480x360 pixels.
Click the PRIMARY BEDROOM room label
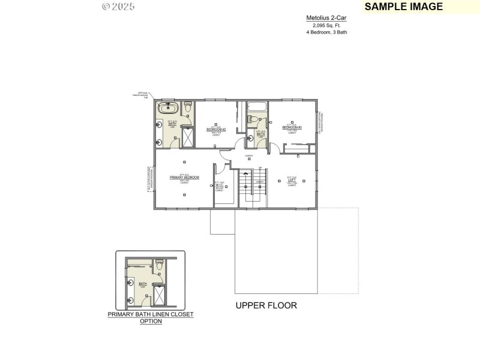pos(184,178)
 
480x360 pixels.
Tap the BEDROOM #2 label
pos(216,129)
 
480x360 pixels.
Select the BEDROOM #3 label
pos(292,127)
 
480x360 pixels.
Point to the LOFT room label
pos(292,181)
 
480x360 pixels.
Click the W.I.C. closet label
pos(220,185)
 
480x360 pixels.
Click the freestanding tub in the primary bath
pos(167,109)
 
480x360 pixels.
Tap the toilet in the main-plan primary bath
pos(187,107)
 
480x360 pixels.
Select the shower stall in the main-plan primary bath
pos(187,137)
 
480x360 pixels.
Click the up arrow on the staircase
pos(245,175)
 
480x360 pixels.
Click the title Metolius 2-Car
pos(326,18)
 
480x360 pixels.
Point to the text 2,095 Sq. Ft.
pos(326,25)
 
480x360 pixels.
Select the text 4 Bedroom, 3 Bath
pos(326,32)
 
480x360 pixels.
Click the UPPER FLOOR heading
pos(266,305)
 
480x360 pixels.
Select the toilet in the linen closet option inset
pos(159,264)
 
